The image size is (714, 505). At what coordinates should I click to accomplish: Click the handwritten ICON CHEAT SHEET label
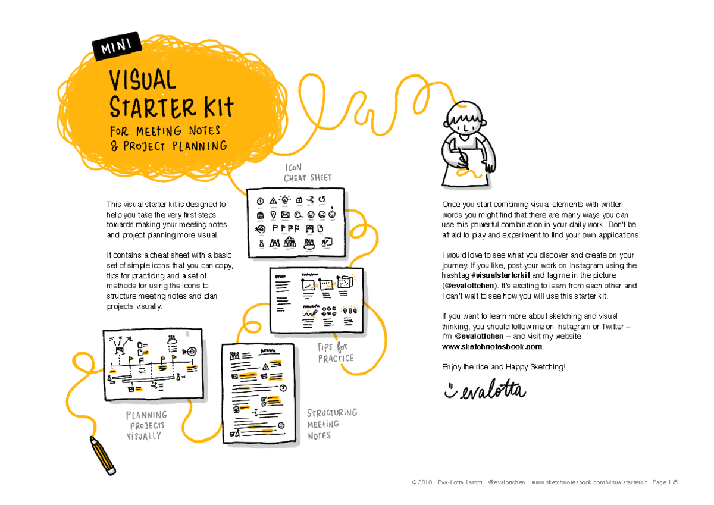tap(307, 173)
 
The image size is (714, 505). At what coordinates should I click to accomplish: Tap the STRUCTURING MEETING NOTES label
tap(331, 424)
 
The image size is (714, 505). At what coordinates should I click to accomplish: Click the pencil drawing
tap(102, 455)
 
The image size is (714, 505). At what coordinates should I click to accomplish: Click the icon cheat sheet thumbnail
tap(296, 223)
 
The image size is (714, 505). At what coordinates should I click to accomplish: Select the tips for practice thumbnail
tap(317, 300)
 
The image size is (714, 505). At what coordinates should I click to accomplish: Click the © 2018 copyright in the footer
tap(424, 482)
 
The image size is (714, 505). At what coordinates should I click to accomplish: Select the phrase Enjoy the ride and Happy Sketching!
tap(503, 366)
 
